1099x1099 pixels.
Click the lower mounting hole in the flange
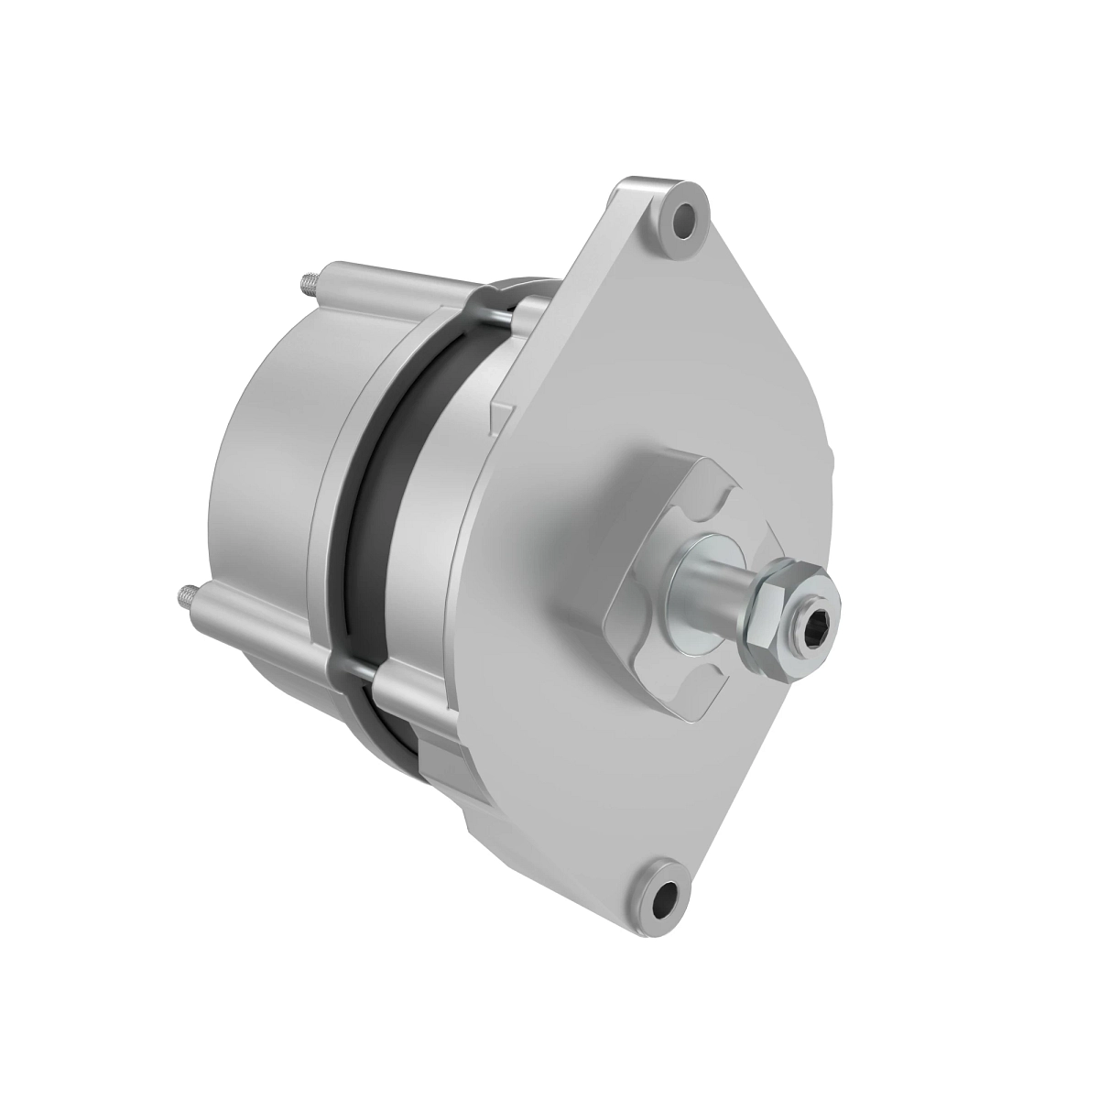666,891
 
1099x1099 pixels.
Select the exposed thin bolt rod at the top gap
499,314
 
